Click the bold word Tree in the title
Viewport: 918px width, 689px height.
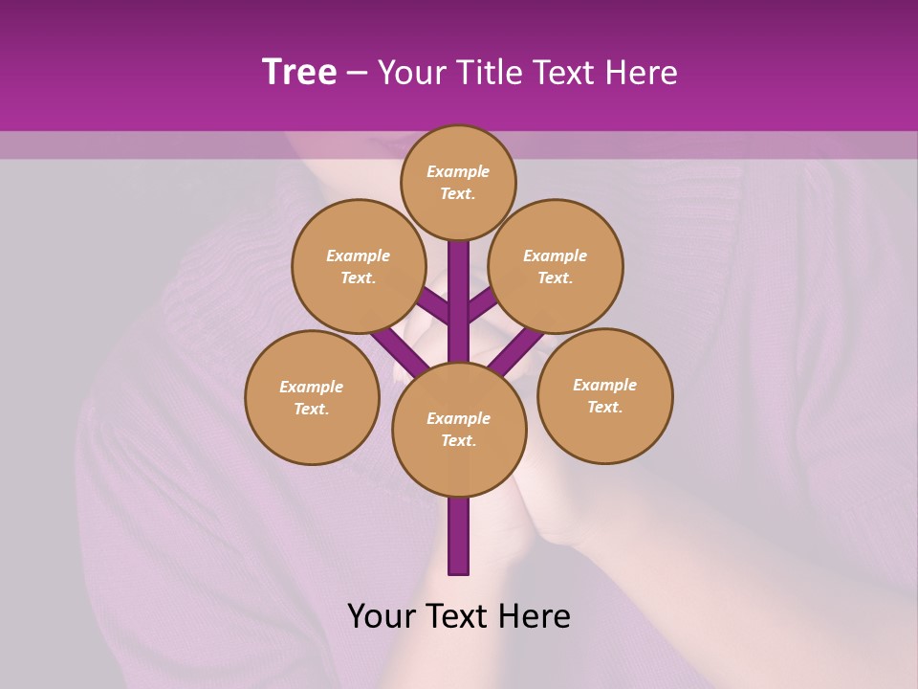299,73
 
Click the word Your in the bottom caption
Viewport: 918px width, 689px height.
381,616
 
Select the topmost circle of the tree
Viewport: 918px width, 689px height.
458,182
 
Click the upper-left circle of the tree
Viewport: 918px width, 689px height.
358,266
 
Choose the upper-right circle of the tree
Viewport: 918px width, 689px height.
556,266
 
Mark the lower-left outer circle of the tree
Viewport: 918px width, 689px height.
312,397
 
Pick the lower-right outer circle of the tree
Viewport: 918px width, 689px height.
604,395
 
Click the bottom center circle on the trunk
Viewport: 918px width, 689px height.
459,429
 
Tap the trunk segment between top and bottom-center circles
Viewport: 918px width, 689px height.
459,287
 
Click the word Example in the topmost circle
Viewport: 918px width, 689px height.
458,171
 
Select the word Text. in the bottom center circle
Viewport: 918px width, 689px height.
459,440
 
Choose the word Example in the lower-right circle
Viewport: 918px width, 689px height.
604,385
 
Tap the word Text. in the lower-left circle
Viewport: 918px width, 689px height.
312,409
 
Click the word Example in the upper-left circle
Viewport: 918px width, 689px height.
358,256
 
